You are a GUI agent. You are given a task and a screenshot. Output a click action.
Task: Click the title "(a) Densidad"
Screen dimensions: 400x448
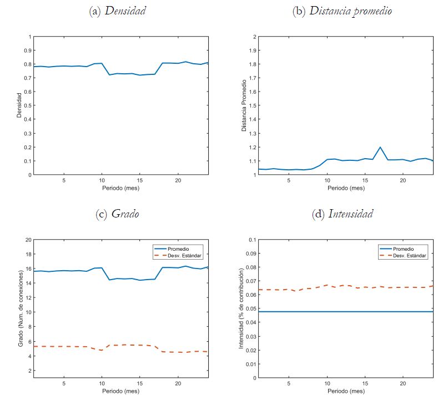coord(117,11)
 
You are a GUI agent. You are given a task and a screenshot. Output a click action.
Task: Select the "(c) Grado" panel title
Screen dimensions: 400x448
coord(117,214)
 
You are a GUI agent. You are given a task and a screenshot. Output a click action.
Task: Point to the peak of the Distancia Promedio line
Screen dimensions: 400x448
coord(380,147)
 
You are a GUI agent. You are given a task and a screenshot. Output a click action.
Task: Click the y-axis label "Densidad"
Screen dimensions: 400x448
coord(18,105)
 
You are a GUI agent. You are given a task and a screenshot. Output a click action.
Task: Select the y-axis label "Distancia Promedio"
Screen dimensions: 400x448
coord(244,105)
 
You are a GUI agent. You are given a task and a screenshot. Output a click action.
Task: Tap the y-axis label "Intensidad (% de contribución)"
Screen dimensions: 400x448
coord(241,308)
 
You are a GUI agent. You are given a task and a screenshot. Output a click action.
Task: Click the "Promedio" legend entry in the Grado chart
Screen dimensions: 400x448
coord(179,248)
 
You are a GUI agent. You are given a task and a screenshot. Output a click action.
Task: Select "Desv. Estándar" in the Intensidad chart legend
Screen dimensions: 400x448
coord(409,255)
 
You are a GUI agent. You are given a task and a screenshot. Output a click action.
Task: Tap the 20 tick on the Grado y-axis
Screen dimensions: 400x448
coord(27,240)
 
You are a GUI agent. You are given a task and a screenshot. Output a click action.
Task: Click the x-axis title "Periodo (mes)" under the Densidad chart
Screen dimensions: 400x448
coord(120,188)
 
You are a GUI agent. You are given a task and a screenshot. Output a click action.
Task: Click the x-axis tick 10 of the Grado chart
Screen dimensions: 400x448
coord(102,383)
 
